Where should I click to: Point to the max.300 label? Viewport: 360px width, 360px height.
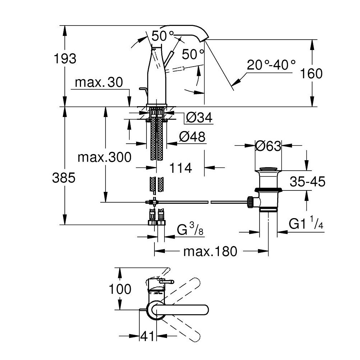click(x=105, y=157)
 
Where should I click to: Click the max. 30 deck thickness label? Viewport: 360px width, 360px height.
click(x=99, y=83)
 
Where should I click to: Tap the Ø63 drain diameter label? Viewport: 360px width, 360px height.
click(x=268, y=146)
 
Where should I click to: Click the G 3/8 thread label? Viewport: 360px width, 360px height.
click(x=191, y=230)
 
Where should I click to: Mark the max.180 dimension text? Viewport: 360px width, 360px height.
click(x=211, y=251)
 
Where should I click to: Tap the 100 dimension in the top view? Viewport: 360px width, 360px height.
click(x=119, y=289)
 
